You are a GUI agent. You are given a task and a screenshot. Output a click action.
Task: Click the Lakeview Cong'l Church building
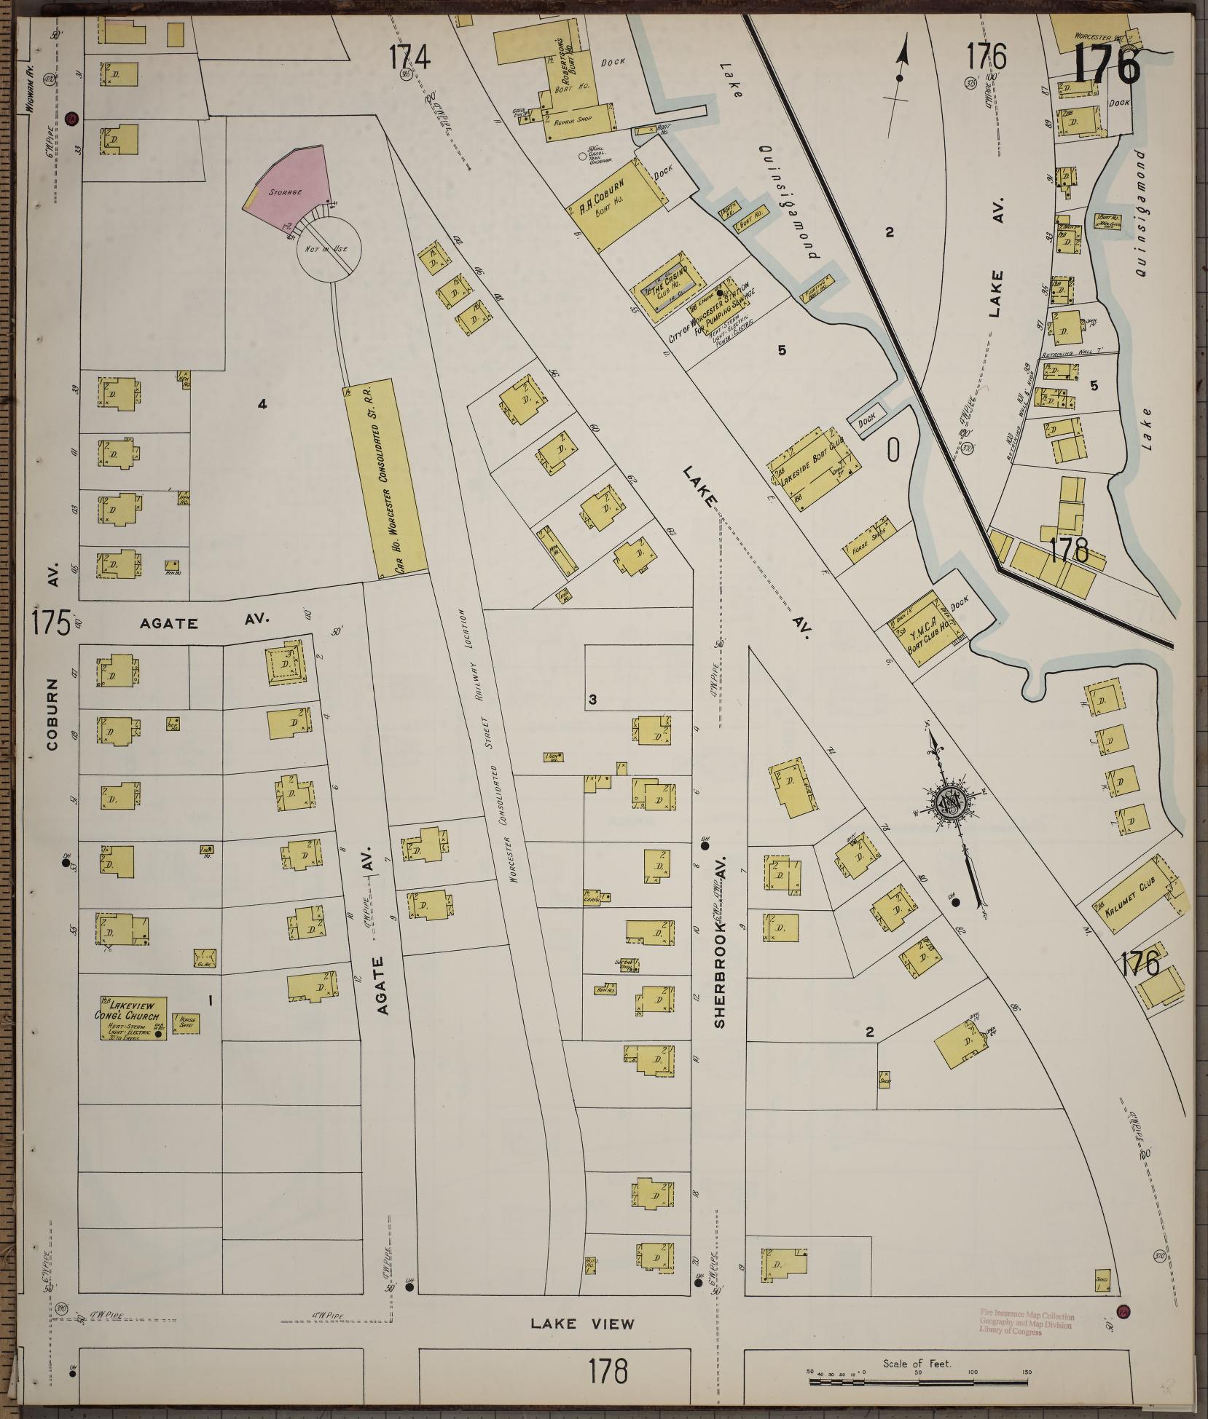point(133,1018)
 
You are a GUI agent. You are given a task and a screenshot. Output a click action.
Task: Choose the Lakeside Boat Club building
point(815,474)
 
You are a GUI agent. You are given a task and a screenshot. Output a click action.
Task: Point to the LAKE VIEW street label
point(582,1324)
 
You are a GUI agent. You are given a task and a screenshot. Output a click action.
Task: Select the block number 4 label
point(262,403)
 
